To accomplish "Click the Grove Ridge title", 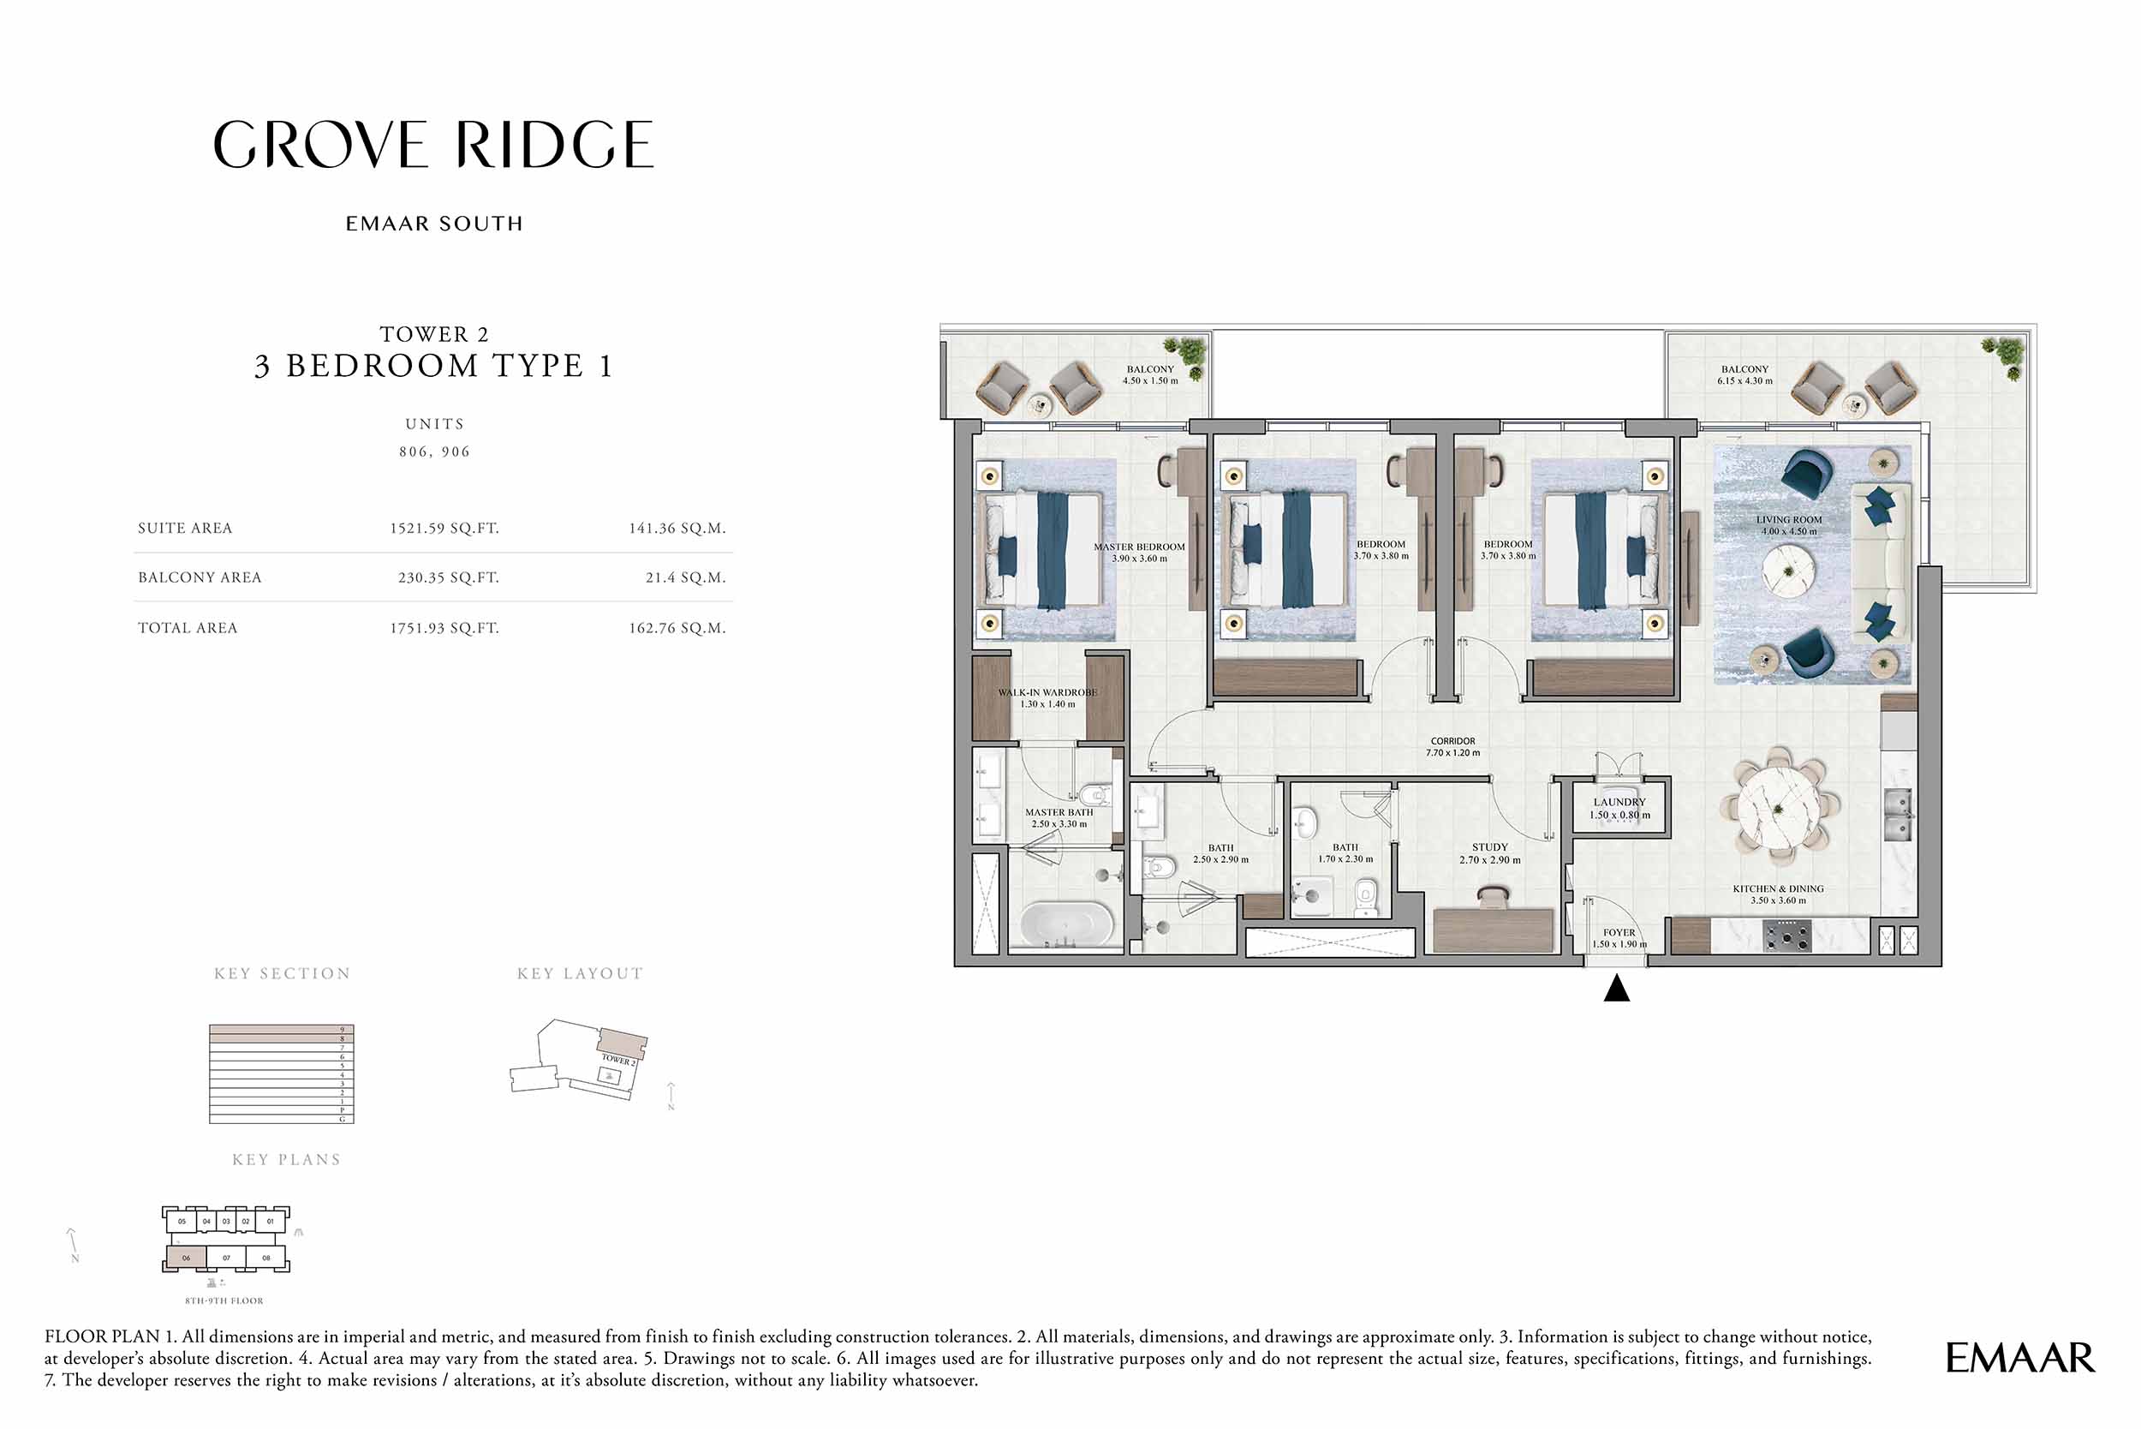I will pos(433,145).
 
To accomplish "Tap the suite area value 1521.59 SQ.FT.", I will pos(444,529).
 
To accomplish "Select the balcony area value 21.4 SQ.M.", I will pos(685,577).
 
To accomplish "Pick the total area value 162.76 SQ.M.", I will pos(677,628).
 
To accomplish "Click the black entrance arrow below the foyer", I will pos(1616,989).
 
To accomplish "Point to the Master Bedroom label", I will pos(1139,553).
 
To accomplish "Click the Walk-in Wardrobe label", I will pos(1047,698).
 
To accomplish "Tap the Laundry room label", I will pos(1619,809).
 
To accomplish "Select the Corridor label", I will pos(1452,746).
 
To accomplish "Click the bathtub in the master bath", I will pos(1066,924).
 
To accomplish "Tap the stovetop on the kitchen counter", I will pos(1786,936).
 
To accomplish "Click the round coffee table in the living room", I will pos(1788,571).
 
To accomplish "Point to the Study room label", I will pos(1489,853).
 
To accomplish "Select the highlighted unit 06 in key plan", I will pos(186,1259).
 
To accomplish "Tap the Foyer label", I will pos(1619,938).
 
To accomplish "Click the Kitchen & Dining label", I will pos(1778,894).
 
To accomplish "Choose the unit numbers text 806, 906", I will pos(434,452).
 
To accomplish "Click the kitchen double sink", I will pos(1898,815).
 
